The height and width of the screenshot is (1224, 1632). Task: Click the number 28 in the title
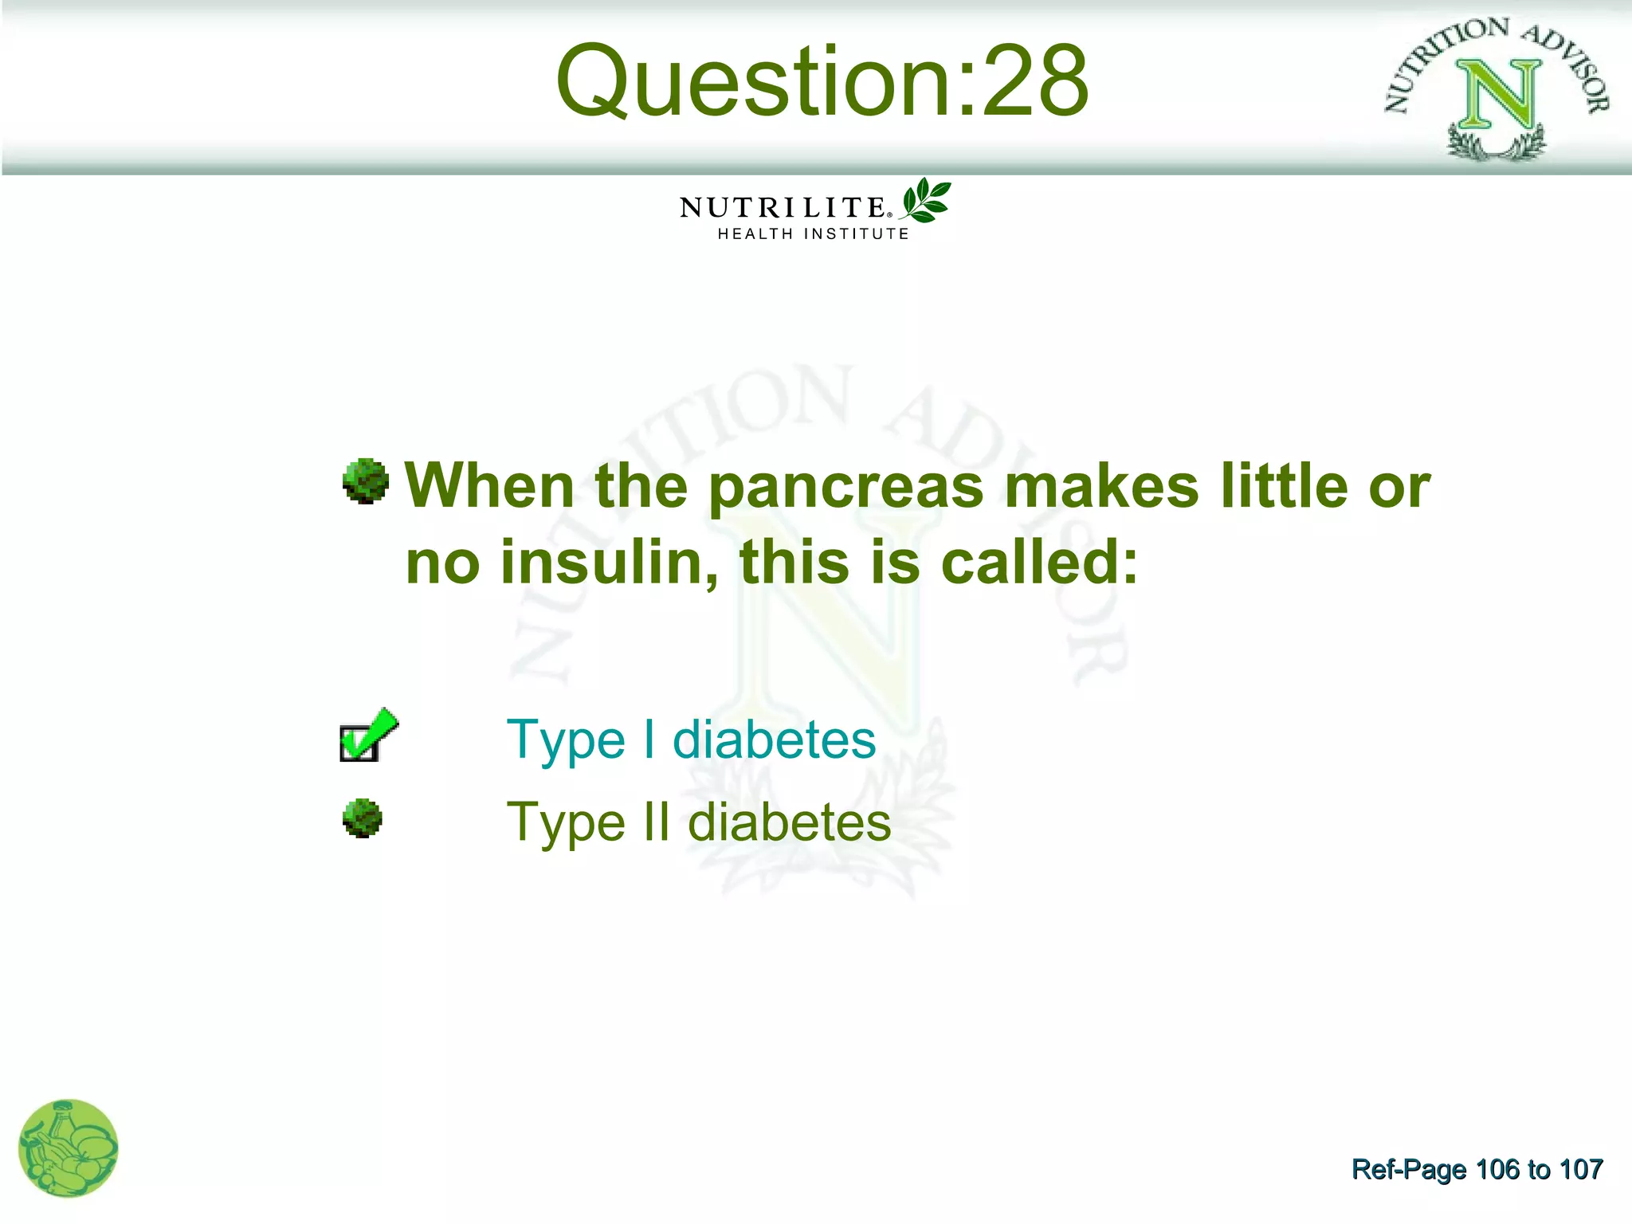point(1034,81)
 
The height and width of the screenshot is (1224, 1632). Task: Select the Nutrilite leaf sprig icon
point(925,200)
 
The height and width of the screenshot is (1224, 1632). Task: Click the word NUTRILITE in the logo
point(782,208)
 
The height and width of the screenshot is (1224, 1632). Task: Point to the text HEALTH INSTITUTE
point(813,234)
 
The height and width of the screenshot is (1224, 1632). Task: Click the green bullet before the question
point(365,481)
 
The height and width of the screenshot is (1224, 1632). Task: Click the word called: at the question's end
point(1039,563)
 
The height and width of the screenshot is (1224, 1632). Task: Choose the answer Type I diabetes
point(691,739)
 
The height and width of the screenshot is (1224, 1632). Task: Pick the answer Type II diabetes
point(698,822)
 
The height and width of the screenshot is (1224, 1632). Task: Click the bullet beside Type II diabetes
point(363,818)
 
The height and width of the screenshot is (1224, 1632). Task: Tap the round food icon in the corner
point(69,1148)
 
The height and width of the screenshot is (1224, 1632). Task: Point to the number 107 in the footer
point(1580,1170)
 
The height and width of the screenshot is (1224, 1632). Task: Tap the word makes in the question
point(1101,487)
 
